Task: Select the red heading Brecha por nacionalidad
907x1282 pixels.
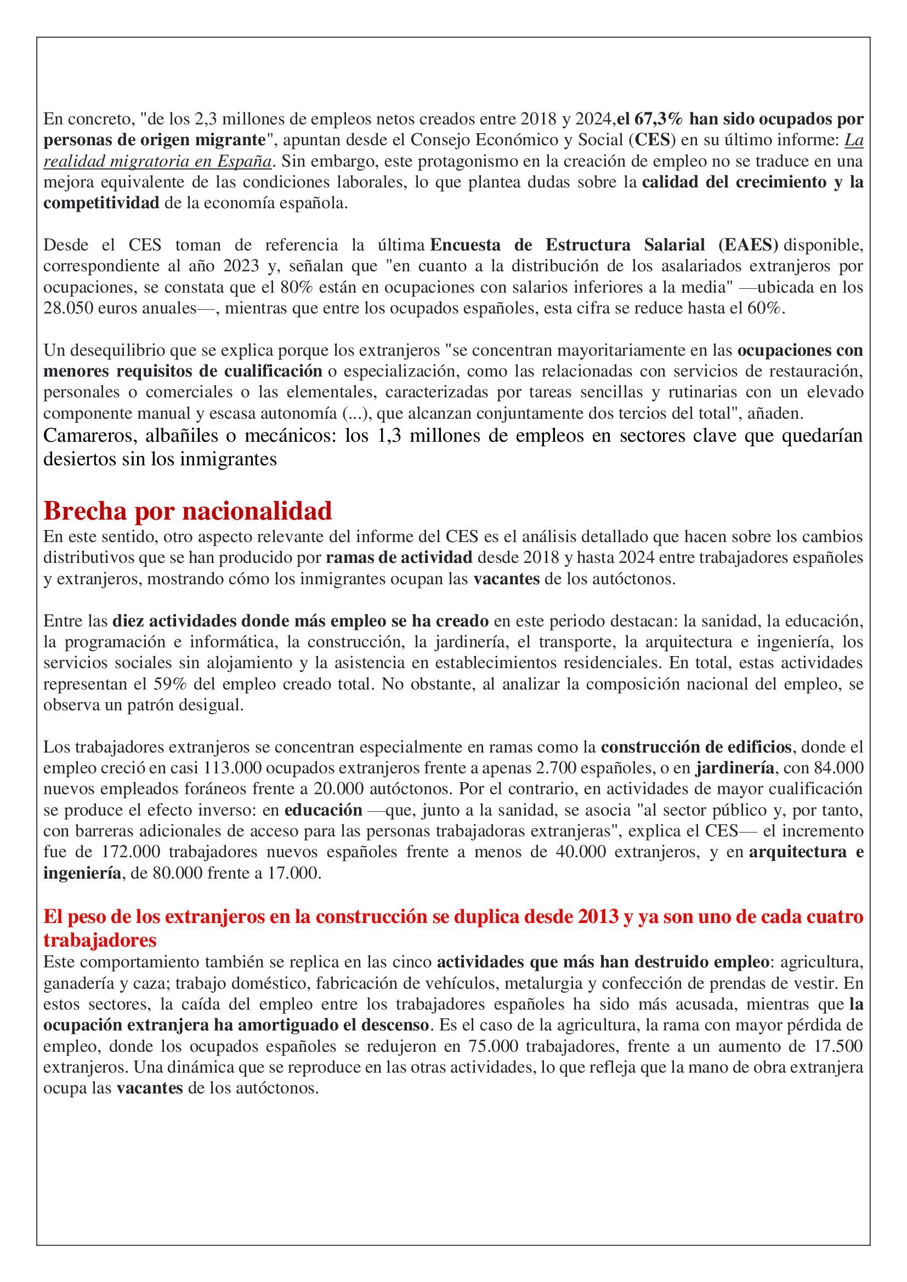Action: (188, 510)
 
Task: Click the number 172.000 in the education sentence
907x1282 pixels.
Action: (132, 852)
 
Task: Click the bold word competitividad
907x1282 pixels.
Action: (101, 203)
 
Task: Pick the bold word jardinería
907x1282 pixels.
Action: (734, 768)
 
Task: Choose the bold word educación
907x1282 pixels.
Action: (324, 810)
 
